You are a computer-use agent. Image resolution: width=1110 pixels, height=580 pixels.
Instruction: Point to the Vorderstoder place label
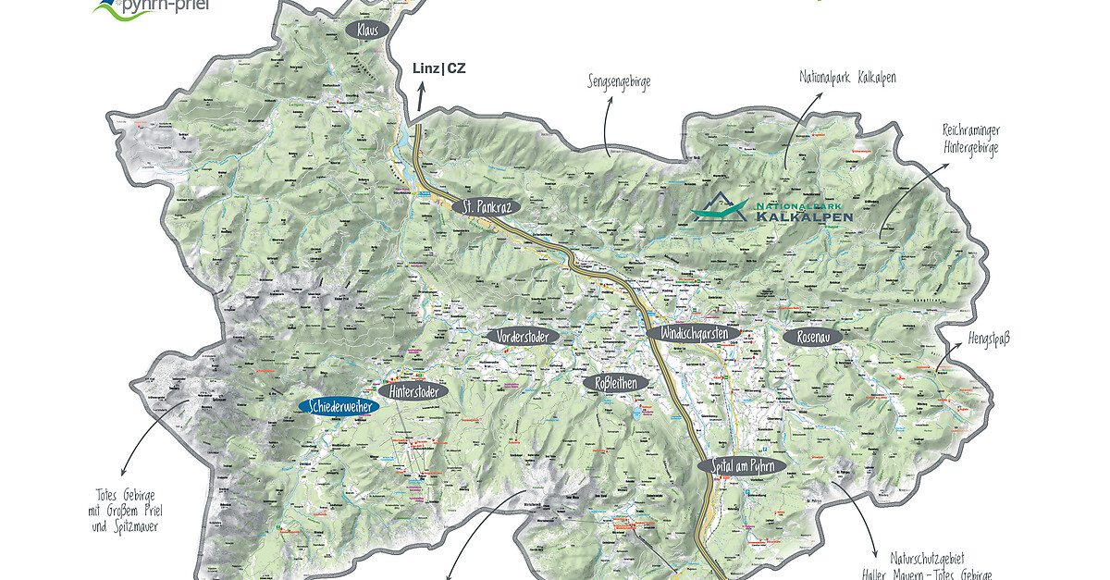(x=524, y=337)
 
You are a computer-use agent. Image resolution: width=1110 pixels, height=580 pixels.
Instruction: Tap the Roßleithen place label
(x=616, y=382)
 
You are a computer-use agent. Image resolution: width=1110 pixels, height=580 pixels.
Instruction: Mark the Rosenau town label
(x=813, y=337)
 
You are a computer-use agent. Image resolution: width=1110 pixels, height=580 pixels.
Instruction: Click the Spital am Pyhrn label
(x=742, y=466)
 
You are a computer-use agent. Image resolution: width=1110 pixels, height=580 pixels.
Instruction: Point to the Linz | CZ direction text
(x=439, y=68)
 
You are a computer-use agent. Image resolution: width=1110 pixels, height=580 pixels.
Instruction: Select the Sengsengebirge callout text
(x=619, y=81)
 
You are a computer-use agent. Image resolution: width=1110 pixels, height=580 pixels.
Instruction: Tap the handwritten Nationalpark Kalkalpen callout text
(x=847, y=78)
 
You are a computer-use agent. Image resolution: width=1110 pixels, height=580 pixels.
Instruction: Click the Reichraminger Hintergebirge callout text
(x=971, y=139)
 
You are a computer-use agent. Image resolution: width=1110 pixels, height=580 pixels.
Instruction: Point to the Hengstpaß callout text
(x=991, y=339)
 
